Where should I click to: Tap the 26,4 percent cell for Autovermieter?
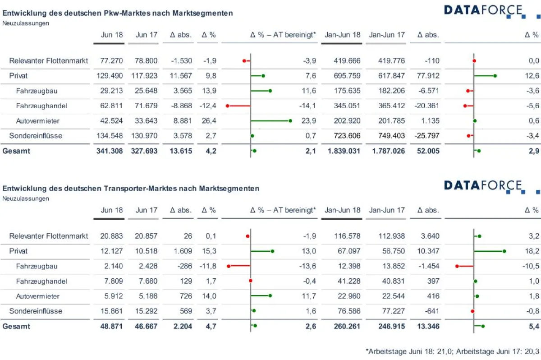208,121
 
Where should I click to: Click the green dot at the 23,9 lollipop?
290,121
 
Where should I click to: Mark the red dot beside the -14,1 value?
228,106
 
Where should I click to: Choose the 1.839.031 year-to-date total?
344,151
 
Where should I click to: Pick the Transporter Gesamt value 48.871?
111,326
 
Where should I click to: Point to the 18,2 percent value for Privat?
533,251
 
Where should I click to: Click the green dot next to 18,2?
504,251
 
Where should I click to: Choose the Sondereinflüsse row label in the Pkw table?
36,136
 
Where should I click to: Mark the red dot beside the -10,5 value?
457,266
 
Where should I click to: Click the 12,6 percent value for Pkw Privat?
533,76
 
